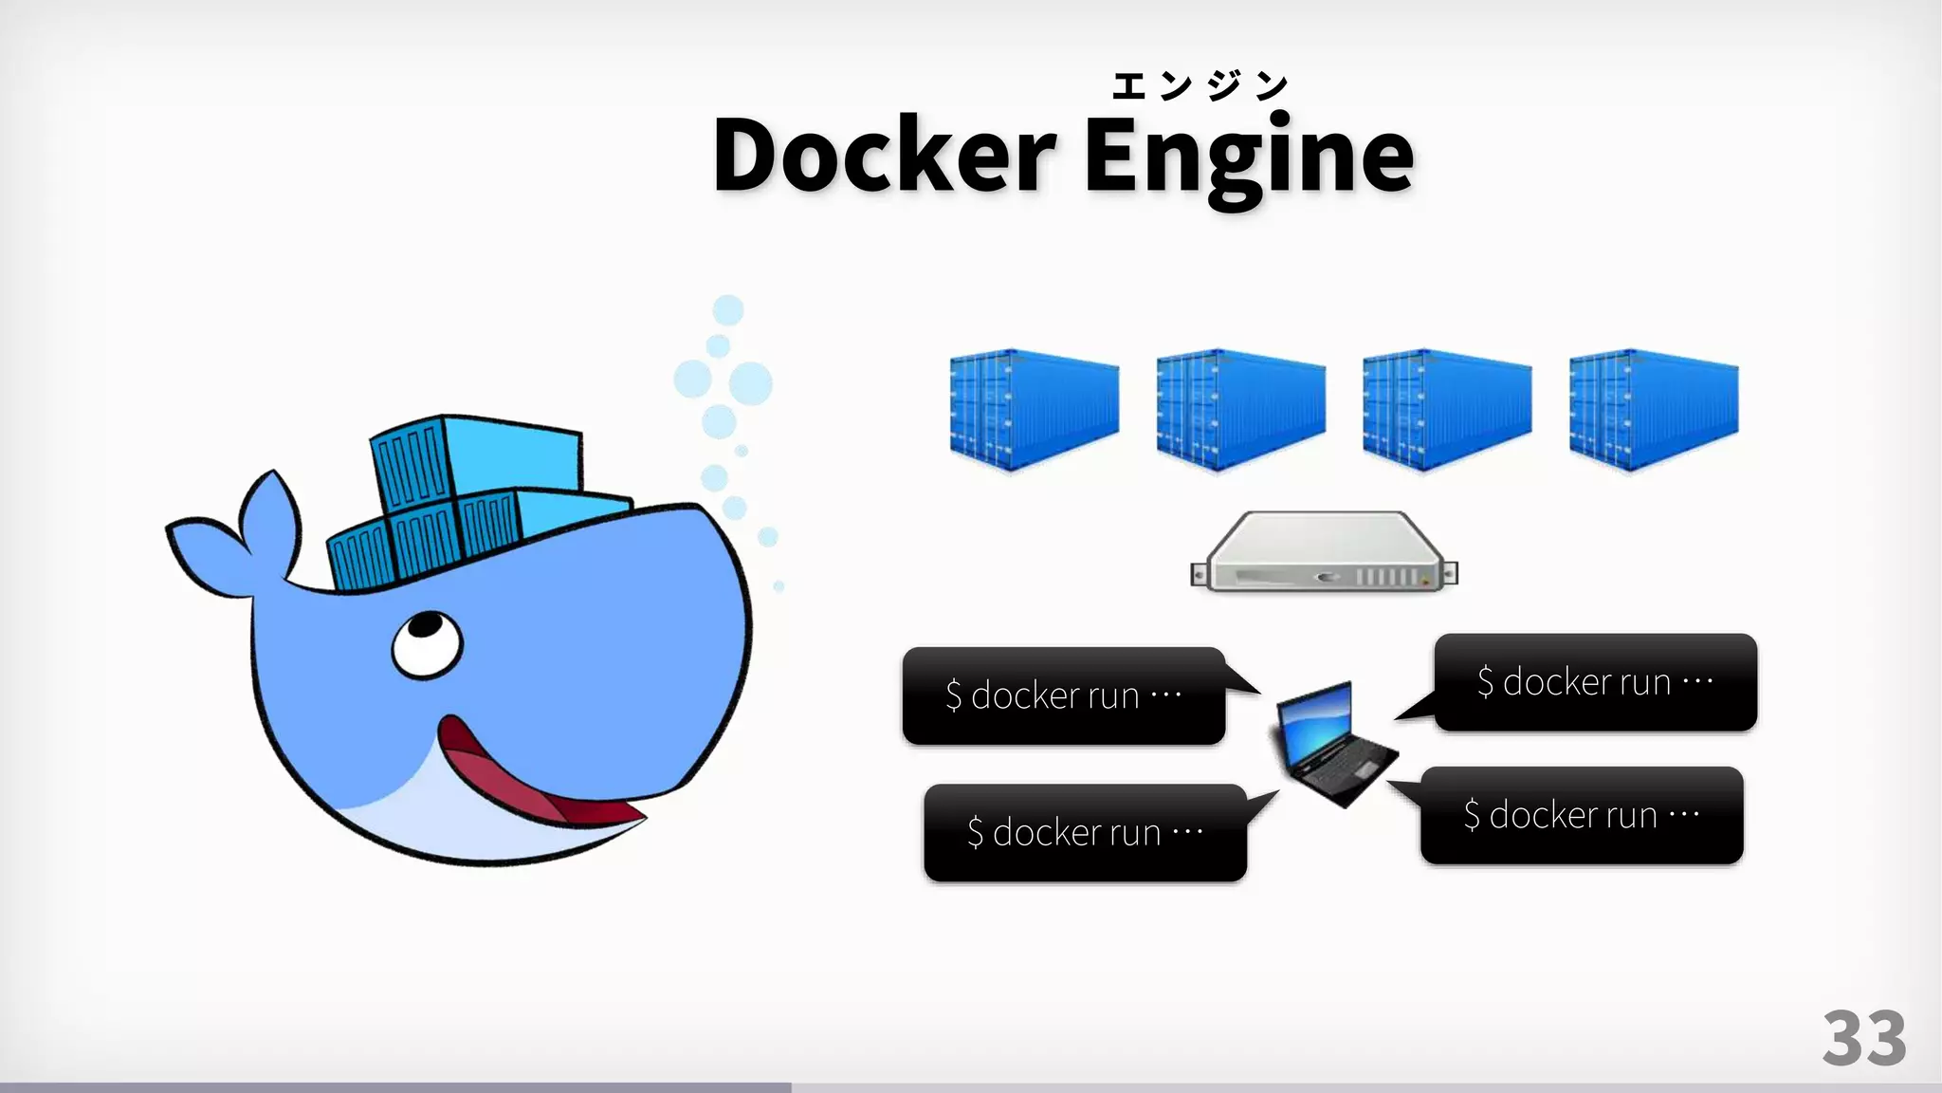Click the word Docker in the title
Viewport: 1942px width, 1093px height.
[884, 155]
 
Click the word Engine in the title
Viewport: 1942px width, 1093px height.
[1248, 157]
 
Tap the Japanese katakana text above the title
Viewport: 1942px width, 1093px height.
[1200, 86]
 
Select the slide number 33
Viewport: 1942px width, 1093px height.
[1863, 1039]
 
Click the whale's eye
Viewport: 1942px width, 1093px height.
[426, 643]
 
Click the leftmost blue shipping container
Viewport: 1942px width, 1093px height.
[1034, 410]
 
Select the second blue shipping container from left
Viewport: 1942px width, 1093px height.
[1240, 410]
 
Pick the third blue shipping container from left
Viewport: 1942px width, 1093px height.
[1447, 410]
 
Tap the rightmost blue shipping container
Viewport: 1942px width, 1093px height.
[1654, 410]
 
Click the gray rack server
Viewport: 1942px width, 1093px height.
[1324, 554]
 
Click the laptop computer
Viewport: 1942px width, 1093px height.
[1332, 745]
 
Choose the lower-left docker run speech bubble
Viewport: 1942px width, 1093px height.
[1085, 832]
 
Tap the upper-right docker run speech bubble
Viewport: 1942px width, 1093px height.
[1595, 682]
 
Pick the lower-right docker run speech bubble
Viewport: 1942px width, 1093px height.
[1582, 815]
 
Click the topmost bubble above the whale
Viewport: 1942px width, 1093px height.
[728, 310]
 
